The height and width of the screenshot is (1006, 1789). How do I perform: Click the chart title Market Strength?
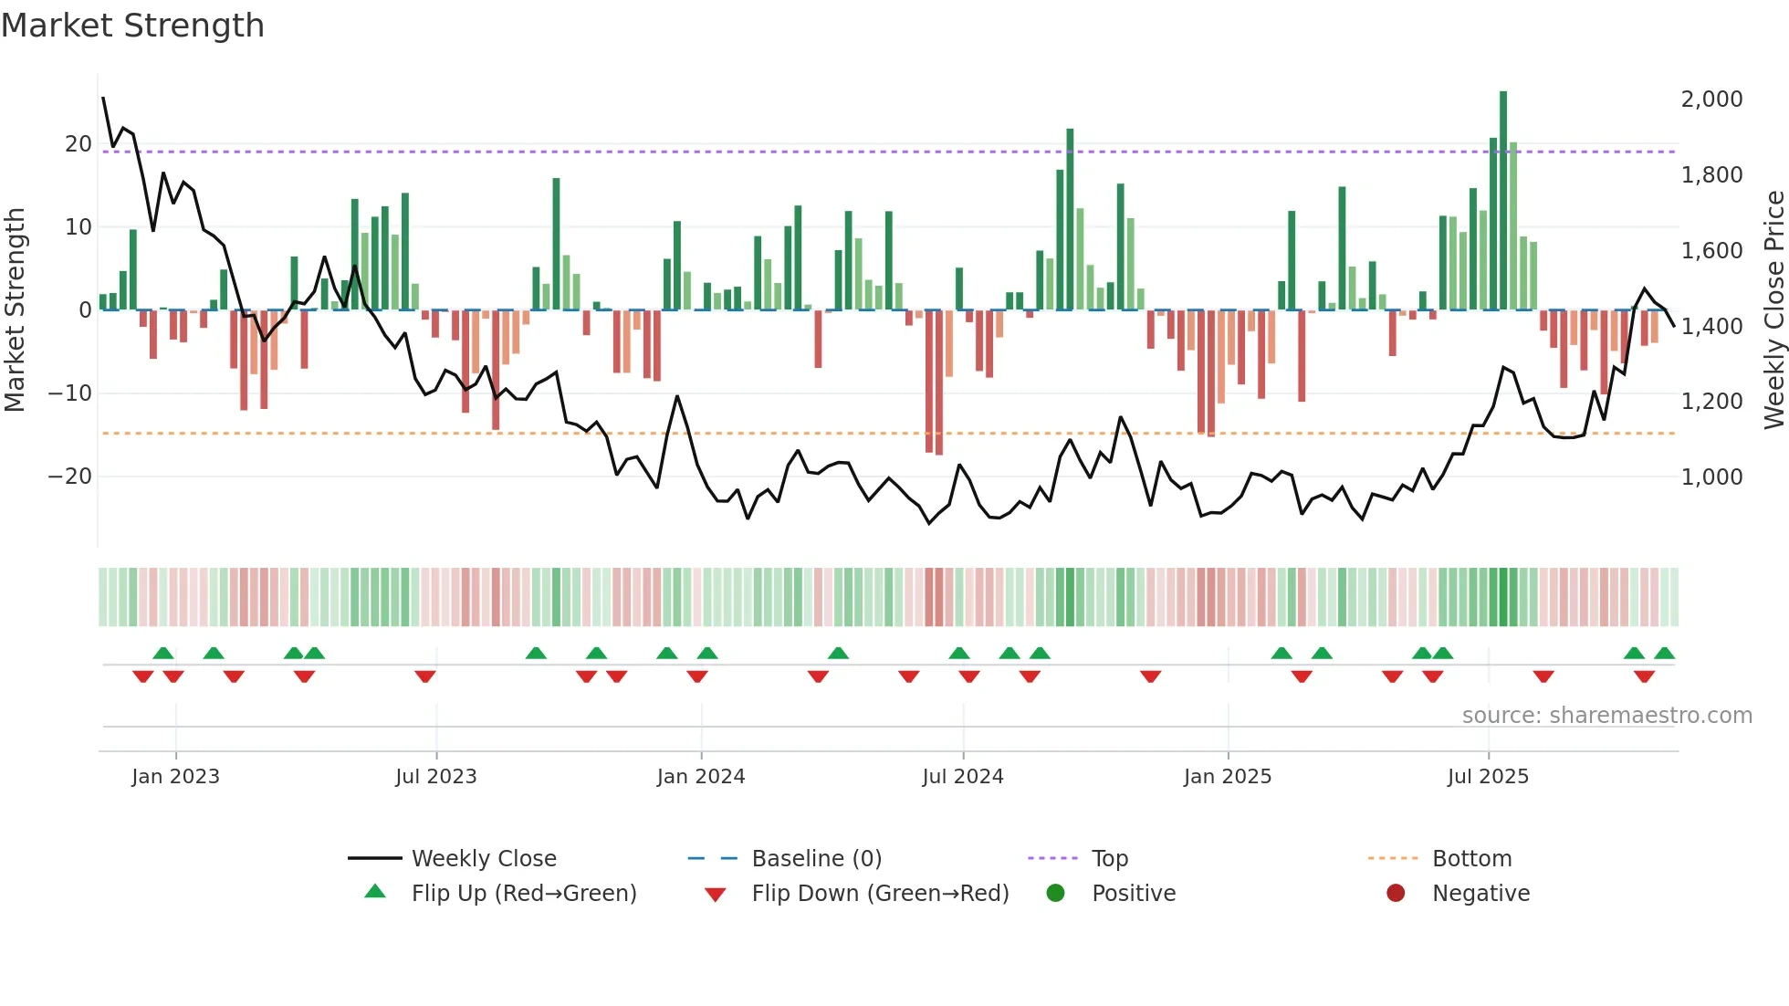(x=132, y=26)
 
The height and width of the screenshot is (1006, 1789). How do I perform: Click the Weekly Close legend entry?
(x=483, y=858)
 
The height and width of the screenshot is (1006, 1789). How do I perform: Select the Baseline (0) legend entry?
(x=816, y=858)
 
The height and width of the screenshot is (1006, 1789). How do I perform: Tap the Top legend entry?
(x=1109, y=858)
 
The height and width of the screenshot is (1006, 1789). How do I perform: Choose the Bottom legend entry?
(x=1471, y=858)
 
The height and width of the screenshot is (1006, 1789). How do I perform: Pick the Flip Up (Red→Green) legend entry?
(x=523, y=893)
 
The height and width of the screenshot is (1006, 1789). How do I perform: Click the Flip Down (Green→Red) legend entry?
(x=880, y=893)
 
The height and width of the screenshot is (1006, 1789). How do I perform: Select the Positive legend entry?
(x=1133, y=893)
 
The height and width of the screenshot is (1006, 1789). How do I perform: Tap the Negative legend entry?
(x=1480, y=893)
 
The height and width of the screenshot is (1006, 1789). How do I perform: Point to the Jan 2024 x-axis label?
(x=700, y=776)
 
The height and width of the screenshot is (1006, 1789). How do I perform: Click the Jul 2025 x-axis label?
(x=1487, y=776)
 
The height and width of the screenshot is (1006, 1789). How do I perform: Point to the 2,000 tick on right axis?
(x=1711, y=99)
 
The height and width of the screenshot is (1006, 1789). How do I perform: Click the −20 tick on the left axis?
(x=70, y=477)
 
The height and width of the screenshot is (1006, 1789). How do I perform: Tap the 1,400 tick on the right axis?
(x=1711, y=326)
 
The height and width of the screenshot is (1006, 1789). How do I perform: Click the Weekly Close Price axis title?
(x=1773, y=310)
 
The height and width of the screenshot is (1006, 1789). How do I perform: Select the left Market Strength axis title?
(x=15, y=310)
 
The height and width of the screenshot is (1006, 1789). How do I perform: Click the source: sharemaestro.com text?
(x=1606, y=715)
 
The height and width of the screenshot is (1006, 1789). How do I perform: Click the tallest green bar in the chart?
(x=1502, y=201)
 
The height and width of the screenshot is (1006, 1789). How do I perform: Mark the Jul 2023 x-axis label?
(x=435, y=776)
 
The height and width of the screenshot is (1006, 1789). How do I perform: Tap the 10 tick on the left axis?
(x=78, y=226)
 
